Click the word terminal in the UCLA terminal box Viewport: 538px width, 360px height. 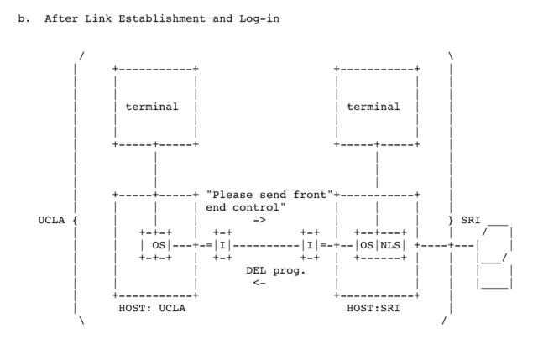click(x=152, y=107)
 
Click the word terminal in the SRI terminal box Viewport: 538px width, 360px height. click(x=373, y=107)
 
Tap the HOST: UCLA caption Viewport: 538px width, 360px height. click(x=152, y=308)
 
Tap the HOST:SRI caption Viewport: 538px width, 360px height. click(x=373, y=308)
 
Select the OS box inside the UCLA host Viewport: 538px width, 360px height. click(x=155, y=245)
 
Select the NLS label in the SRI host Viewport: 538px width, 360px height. click(x=390, y=245)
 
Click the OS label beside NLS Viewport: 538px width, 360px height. click(x=367, y=245)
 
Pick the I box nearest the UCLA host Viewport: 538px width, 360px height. click(x=222, y=245)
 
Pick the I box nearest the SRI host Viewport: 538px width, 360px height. click(x=310, y=245)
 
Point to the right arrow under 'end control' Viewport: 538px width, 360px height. click(x=259, y=220)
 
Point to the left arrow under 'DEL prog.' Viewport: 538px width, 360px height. click(x=259, y=283)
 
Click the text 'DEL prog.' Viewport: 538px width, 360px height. click(x=276, y=271)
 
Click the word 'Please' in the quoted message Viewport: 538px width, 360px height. click(x=232, y=195)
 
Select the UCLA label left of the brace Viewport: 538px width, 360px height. click(x=51, y=220)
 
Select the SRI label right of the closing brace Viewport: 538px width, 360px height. click(x=470, y=220)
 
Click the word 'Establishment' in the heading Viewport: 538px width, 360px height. click(x=162, y=18)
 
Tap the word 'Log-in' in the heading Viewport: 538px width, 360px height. click(x=259, y=18)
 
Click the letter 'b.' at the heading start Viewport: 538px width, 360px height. click(x=24, y=18)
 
